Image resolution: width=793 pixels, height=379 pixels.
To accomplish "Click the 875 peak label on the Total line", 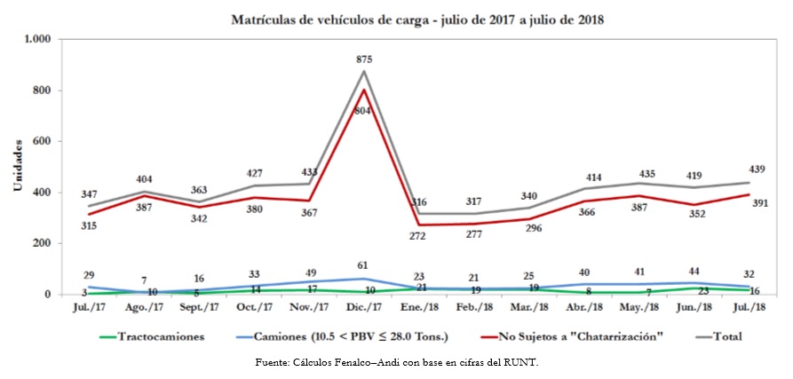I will pyautogui.click(x=364, y=59).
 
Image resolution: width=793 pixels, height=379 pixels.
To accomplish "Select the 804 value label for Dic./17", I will pyautogui.click(x=364, y=111).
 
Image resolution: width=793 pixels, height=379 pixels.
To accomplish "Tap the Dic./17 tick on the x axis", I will pyautogui.click(x=364, y=306).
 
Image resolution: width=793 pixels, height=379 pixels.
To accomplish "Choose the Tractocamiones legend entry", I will pyautogui.click(x=150, y=336).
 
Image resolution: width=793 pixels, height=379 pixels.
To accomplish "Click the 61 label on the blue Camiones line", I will pyautogui.click(x=364, y=265).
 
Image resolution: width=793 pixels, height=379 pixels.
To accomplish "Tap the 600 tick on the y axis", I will pyautogui.click(x=44, y=141).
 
